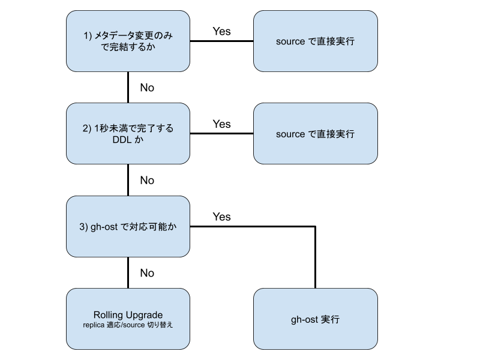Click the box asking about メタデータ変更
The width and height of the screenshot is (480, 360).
click(128, 41)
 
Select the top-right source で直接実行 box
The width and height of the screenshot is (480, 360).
click(315, 41)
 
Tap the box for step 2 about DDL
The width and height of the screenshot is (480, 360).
click(128, 134)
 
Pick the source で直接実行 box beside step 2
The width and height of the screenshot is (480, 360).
click(315, 134)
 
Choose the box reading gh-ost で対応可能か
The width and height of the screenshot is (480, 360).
click(128, 227)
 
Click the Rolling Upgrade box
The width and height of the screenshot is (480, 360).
click(128, 319)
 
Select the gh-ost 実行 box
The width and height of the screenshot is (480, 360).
click(315, 319)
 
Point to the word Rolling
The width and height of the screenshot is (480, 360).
click(107, 315)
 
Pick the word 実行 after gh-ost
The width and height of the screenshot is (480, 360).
click(330, 319)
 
